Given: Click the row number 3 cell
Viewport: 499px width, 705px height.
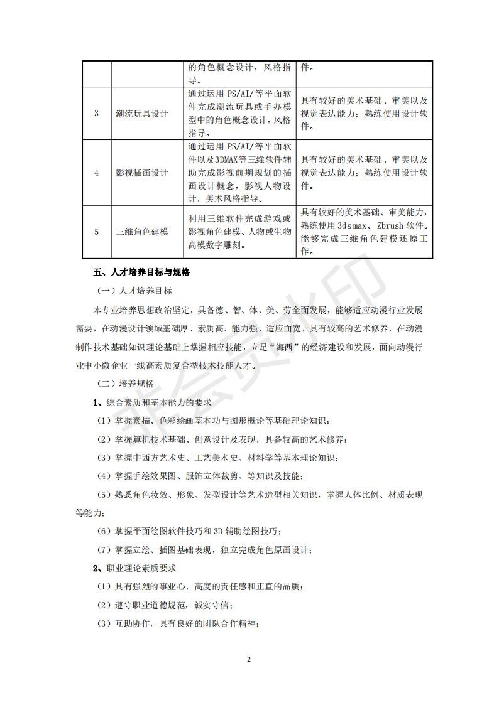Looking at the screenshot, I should pyautogui.click(x=97, y=114).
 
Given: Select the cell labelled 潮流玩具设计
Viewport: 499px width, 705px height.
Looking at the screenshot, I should pyautogui.click(x=142, y=114).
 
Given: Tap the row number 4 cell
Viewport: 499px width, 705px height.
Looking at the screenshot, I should pyautogui.click(x=97, y=173).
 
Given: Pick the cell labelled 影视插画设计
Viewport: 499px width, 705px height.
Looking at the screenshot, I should pyautogui.click(x=142, y=173).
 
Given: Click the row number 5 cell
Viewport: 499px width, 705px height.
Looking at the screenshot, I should pyautogui.click(x=97, y=232).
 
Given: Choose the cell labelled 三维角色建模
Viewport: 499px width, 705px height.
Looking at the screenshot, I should pyautogui.click(x=142, y=232).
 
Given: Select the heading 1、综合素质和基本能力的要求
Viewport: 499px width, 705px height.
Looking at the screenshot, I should pyautogui.click(x=152, y=402).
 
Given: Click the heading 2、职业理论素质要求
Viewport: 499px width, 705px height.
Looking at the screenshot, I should pyautogui.click(x=134, y=568).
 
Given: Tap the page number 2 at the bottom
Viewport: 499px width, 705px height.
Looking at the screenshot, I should pyautogui.click(x=249, y=660).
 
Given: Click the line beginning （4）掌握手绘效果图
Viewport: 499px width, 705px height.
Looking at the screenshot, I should pyautogui.click(x=200, y=476).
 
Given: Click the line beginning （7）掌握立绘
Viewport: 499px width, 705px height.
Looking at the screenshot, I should pyautogui.click(x=204, y=550).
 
